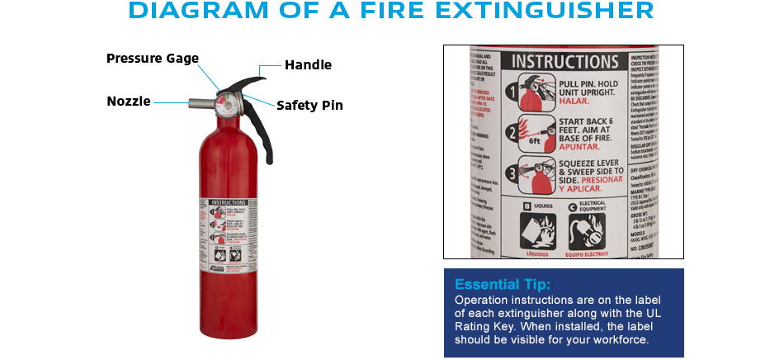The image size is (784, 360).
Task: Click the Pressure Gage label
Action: pos(153,59)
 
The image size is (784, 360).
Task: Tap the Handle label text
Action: pos(308,65)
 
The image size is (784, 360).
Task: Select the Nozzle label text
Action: pos(129,102)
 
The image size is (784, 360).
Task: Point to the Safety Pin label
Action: pos(309,106)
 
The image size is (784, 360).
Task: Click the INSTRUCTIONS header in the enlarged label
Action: pos(564,61)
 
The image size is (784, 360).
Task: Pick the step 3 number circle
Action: pos(512,174)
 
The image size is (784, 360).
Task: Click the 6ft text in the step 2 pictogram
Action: pos(535,140)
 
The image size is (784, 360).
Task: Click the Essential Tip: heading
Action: pos(502,285)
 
